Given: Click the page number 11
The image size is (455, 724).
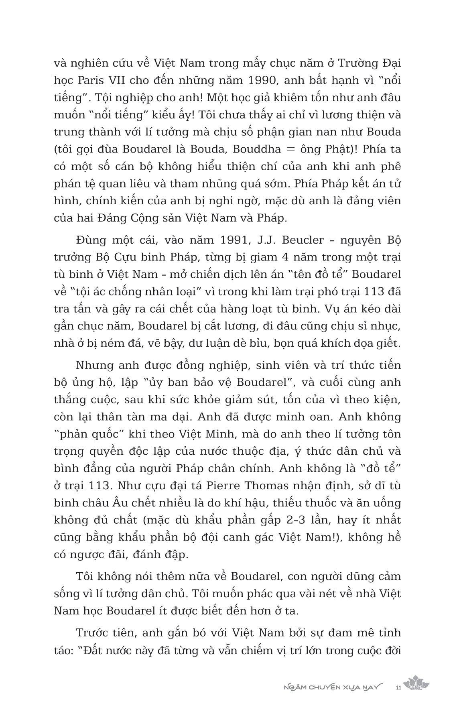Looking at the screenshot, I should [398, 688].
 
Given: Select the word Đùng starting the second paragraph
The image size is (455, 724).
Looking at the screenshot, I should [88, 240].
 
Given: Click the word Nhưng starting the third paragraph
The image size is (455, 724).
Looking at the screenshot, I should [93, 365].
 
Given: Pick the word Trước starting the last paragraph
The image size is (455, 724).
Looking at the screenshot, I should [92, 633].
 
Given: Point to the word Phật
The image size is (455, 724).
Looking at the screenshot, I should [348, 149].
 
